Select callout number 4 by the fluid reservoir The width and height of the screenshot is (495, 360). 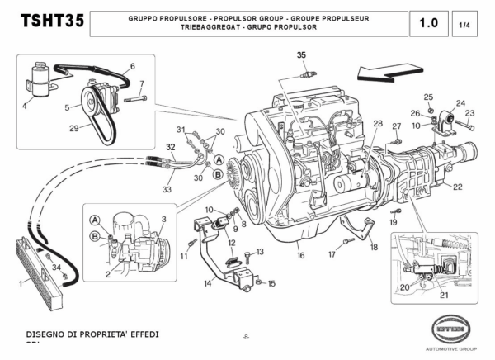(x=25, y=106)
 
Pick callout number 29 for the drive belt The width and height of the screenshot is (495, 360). (x=73, y=127)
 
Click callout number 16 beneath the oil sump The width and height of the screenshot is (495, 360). (x=301, y=256)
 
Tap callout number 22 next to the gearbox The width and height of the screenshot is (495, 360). (x=458, y=187)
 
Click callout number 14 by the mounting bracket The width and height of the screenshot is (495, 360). (x=208, y=283)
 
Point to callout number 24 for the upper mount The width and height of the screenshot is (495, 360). (x=460, y=103)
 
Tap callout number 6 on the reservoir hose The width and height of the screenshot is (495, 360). (x=132, y=65)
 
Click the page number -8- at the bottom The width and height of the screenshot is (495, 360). (x=246, y=336)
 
